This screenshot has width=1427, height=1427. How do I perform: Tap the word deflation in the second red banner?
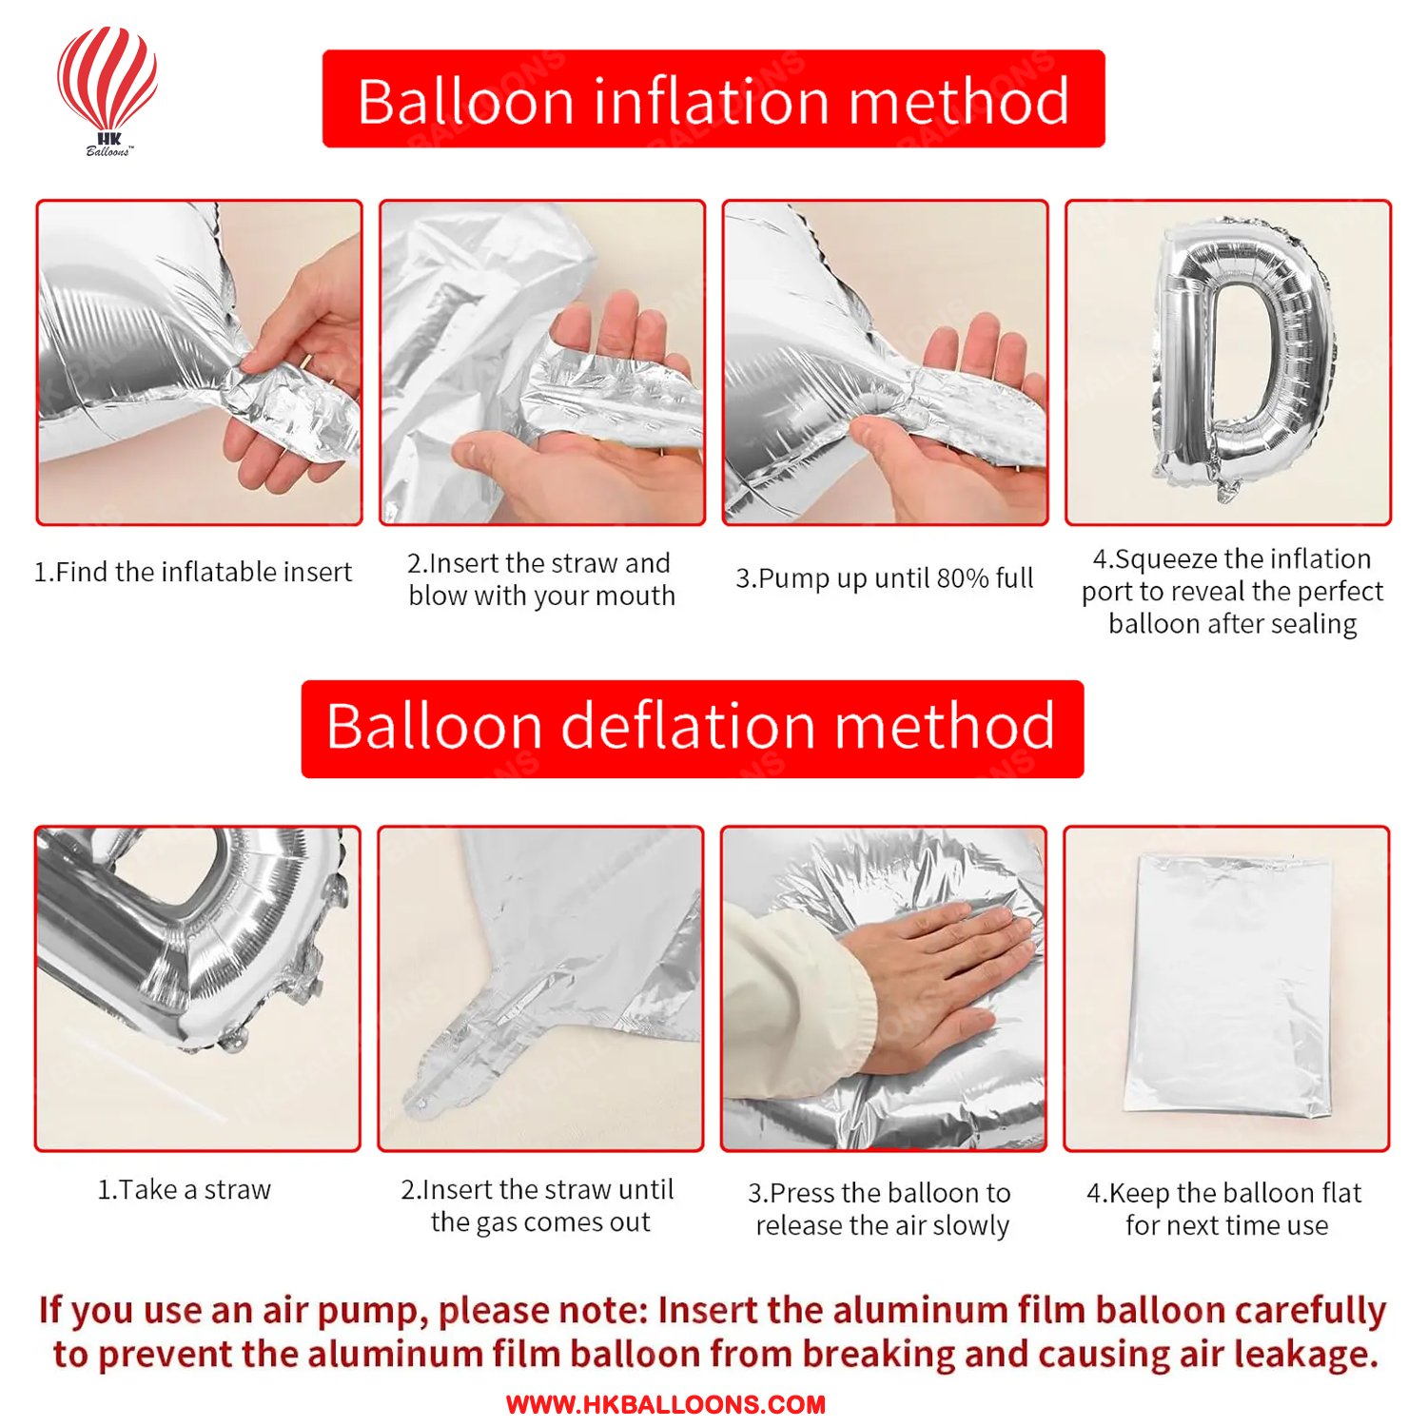[690, 727]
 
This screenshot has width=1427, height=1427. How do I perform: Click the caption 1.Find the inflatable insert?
[193, 572]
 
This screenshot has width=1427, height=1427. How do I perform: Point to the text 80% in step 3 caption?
[963, 578]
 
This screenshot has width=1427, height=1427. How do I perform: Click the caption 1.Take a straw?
[185, 1190]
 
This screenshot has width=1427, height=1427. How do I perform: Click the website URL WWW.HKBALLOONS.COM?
[665, 1405]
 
